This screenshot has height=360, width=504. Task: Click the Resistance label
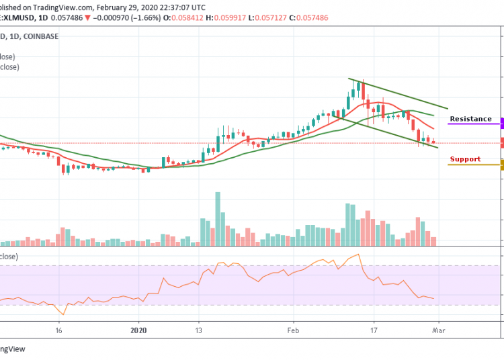point(470,119)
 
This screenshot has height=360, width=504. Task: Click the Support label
point(465,159)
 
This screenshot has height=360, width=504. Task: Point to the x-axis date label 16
point(59,330)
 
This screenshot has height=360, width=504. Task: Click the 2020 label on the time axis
point(138,330)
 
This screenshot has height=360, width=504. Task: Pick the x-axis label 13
point(199,330)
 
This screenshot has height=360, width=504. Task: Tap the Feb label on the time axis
point(292,330)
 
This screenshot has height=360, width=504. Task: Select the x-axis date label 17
point(374,330)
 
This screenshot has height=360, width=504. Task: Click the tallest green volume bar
point(218,218)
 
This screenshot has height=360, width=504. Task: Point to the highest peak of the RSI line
point(360,254)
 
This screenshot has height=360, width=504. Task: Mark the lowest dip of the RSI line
point(63,314)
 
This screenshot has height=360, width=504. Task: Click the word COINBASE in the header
point(39,35)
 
